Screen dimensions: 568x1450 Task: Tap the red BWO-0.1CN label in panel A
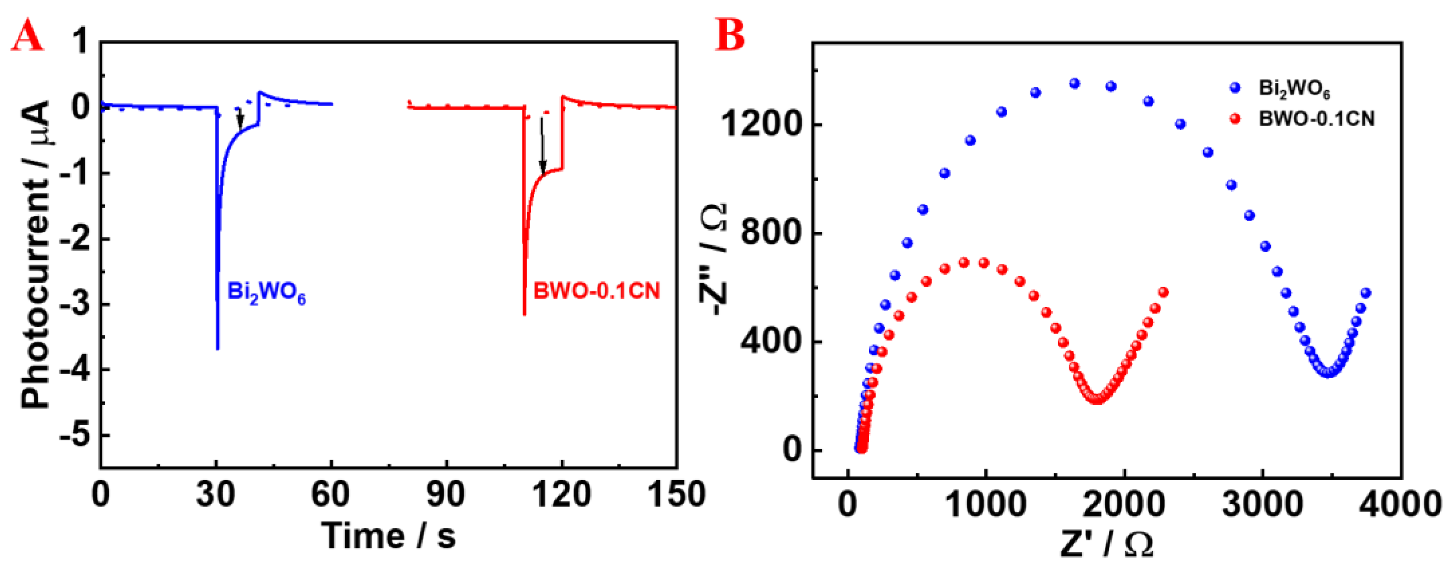[x=597, y=291]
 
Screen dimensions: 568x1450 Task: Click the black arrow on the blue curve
[x=240, y=119]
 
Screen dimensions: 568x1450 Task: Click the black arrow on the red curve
[x=542, y=146]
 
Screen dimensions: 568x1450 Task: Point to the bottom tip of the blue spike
[x=218, y=349]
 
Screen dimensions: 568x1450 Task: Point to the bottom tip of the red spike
[x=525, y=314]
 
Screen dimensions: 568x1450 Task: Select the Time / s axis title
[x=388, y=535]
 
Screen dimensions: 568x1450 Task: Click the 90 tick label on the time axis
[x=446, y=495]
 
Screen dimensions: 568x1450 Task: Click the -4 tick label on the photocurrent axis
[x=75, y=370]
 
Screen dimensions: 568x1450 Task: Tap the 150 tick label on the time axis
[x=675, y=495]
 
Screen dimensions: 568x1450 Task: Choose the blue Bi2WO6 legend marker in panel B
[x=1235, y=88]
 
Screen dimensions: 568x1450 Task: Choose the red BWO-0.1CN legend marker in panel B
[x=1235, y=119]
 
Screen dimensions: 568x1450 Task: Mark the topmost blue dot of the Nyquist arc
[x=1075, y=83]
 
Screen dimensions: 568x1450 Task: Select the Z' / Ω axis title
[x=1107, y=544]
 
